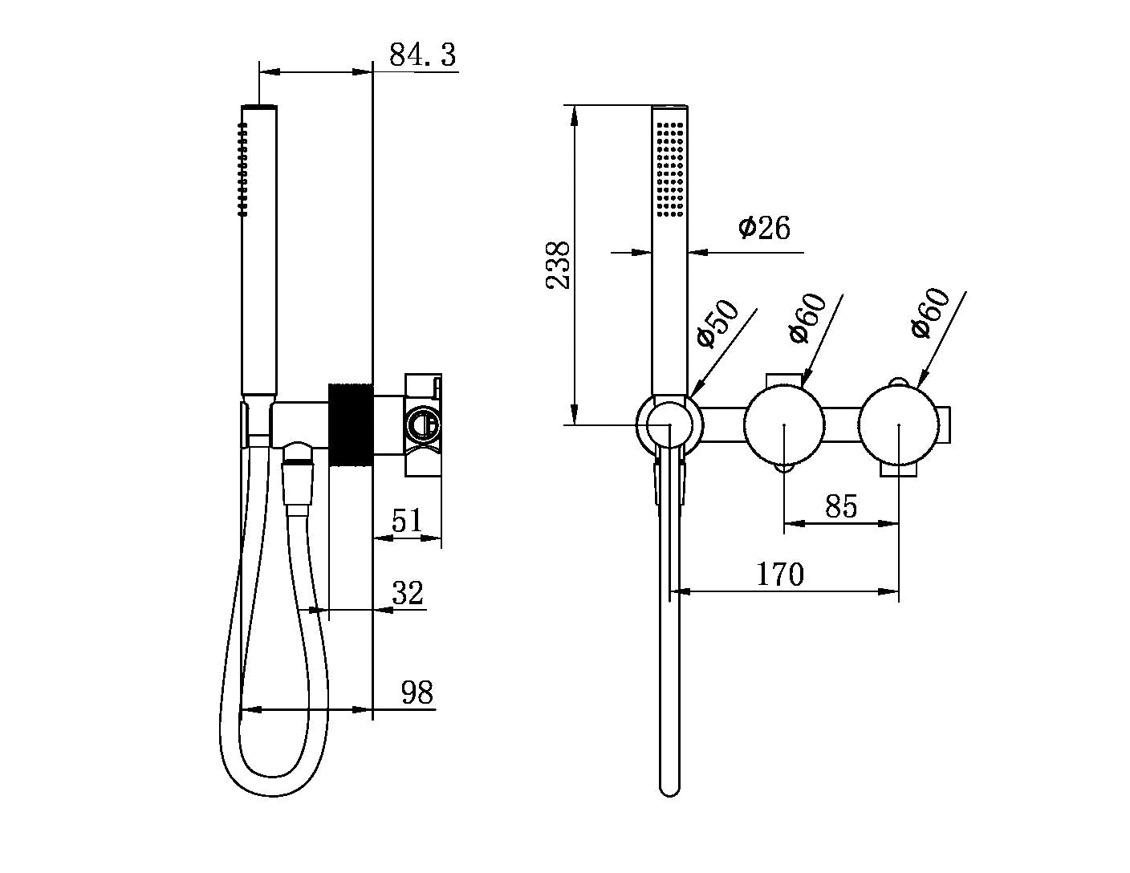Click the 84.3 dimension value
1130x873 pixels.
[422, 55]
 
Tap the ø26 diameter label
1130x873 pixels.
[764, 228]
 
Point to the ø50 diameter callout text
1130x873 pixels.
[717, 323]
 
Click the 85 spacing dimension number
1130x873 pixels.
[840, 506]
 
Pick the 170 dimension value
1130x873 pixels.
[780, 575]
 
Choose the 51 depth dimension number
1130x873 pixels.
[407, 521]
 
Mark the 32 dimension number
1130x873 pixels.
[408, 594]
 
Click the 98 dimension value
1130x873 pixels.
[417, 692]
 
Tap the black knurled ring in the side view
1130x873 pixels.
[351, 424]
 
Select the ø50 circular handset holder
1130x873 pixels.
[669, 424]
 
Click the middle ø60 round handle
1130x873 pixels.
[784, 424]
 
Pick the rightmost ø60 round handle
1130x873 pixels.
[899, 424]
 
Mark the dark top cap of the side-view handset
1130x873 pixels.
[259, 106]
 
